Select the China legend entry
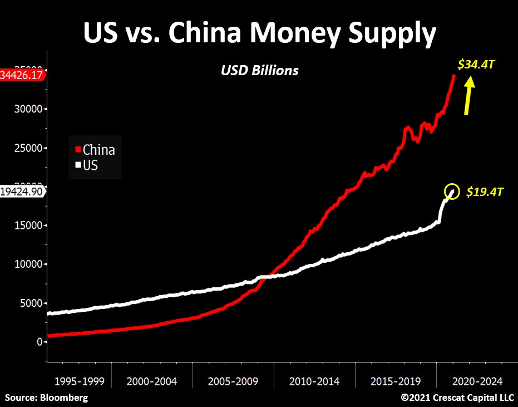coord(98,150)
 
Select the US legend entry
coord(90,165)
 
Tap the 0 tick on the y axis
coord(38,342)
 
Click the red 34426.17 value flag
coord(22,75)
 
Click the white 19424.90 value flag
coord(22,192)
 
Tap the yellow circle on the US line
coord(452,192)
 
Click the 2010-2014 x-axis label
coord(314,382)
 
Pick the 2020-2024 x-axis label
coord(477,382)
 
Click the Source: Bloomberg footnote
coord(46,398)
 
